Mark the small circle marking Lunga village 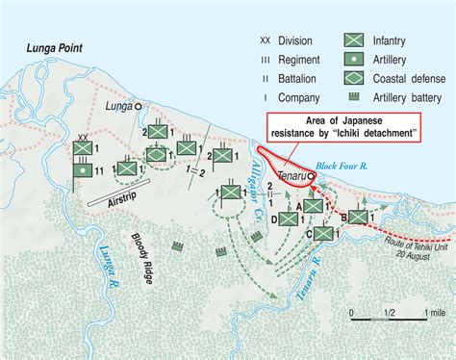click(x=138, y=108)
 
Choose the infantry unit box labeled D click(x=289, y=219)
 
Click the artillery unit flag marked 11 click(x=84, y=169)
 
